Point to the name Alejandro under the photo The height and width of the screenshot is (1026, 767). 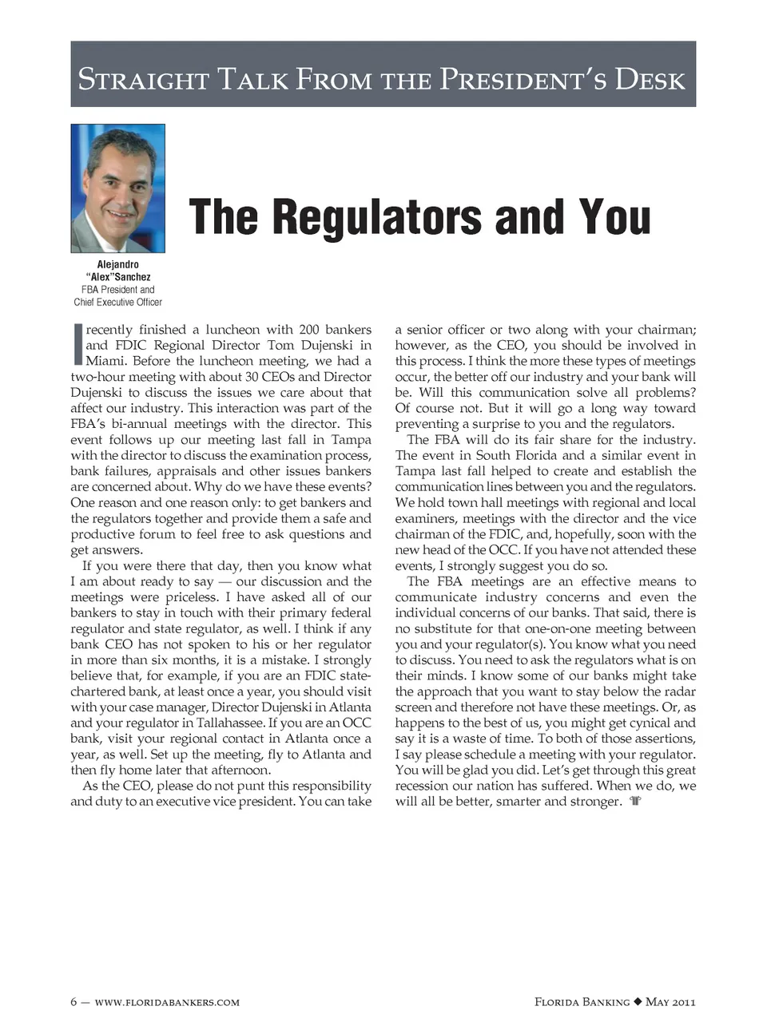tap(117, 264)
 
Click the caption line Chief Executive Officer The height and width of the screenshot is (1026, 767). tap(117, 303)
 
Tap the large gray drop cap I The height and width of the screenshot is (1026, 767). tap(77, 344)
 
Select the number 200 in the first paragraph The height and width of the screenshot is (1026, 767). tap(308, 330)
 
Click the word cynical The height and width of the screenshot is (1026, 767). tap(619, 723)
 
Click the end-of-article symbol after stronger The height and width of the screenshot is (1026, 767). tap(635, 802)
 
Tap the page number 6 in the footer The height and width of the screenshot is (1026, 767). tap(74, 1002)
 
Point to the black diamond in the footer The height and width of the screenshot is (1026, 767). tap(638, 1002)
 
